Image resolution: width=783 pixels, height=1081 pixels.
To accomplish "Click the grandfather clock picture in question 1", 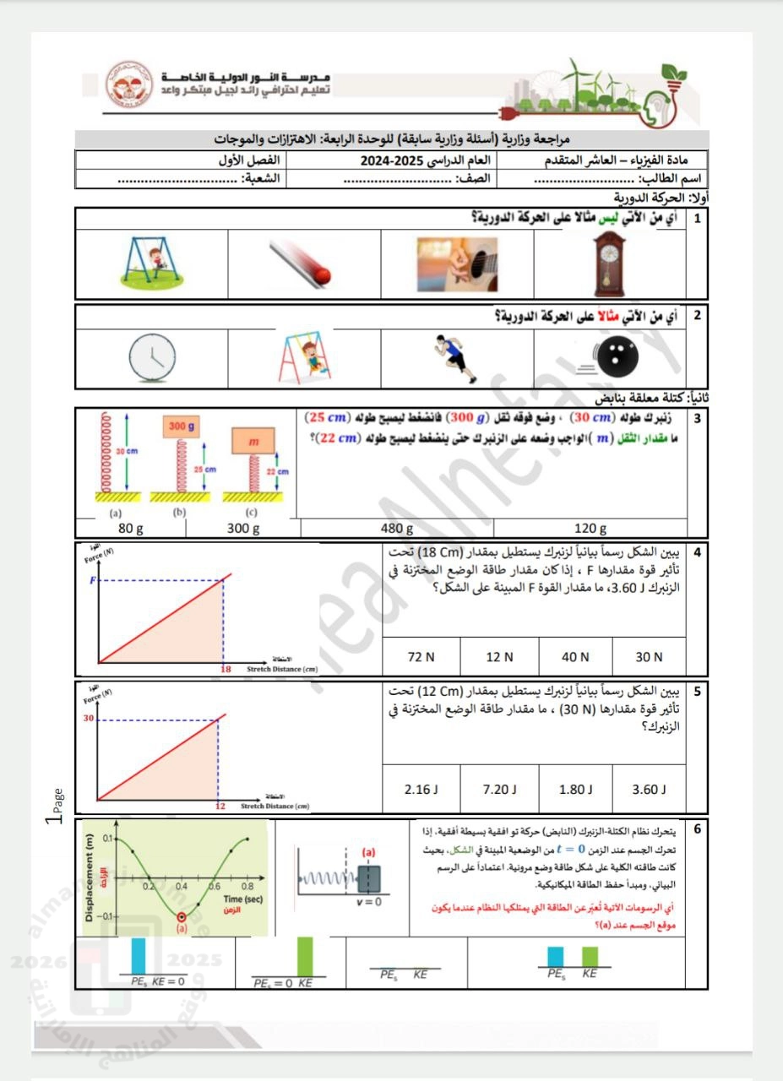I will tap(609, 260).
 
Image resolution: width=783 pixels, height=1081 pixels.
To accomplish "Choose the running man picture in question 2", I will tap(457, 356).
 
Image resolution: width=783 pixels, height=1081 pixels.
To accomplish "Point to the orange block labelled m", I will tap(252, 442).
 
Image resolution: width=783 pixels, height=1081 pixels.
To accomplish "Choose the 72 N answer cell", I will tap(421, 656).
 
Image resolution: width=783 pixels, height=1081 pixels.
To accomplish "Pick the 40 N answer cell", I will tap(574, 656).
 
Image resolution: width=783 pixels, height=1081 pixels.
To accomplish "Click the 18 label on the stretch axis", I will tap(226, 668).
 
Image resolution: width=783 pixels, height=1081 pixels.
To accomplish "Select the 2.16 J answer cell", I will tap(421, 790).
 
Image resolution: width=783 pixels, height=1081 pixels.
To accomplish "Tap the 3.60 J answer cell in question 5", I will tap(649, 790).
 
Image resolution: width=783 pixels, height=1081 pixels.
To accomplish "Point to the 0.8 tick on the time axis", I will tap(248, 887).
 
